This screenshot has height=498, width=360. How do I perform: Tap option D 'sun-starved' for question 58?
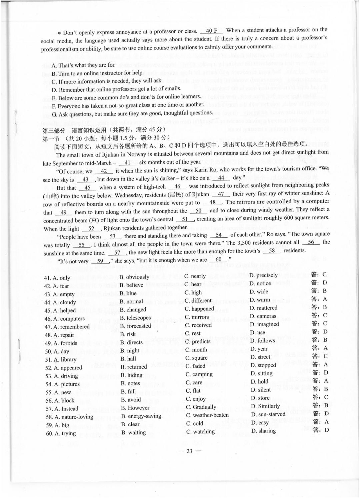(268, 414)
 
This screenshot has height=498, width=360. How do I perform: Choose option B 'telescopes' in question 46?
(135, 318)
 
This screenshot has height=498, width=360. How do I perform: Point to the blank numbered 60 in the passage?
(219, 260)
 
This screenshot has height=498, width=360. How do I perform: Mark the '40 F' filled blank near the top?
(212, 31)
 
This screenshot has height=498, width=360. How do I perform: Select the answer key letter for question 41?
(324, 275)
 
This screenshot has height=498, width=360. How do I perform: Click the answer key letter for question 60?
(326, 430)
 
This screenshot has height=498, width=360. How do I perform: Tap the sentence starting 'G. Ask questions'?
(132, 114)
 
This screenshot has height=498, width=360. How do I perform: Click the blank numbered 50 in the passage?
(198, 211)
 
